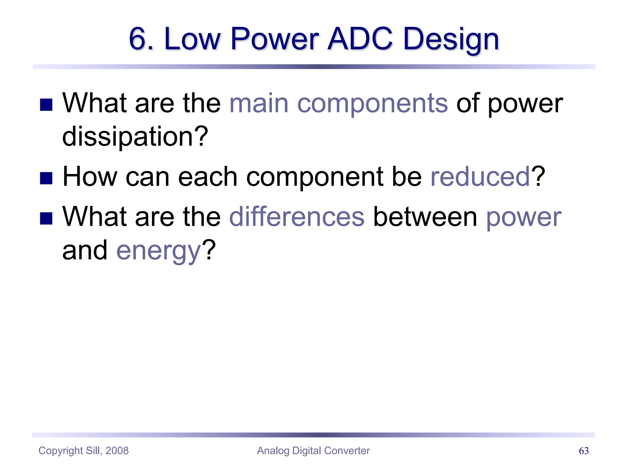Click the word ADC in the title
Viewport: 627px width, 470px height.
pyautogui.click(x=360, y=39)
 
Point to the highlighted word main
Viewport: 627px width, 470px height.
pyautogui.click(x=259, y=103)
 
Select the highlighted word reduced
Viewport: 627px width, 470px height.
pyautogui.click(x=480, y=177)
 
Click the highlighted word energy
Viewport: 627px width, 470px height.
pyautogui.click(x=159, y=251)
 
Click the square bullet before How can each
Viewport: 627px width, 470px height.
pyautogui.click(x=46, y=178)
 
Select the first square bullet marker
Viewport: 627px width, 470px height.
pyautogui.click(x=46, y=105)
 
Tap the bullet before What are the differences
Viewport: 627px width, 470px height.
pyautogui.click(x=46, y=218)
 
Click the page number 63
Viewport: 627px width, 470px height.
pyautogui.click(x=584, y=451)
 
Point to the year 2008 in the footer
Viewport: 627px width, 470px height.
pyautogui.click(x=117, y=451)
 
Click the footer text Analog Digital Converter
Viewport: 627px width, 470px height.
pyautogui.click(x=313, y=451)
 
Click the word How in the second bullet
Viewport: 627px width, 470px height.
pyautogui.click(x=90, y=177)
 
